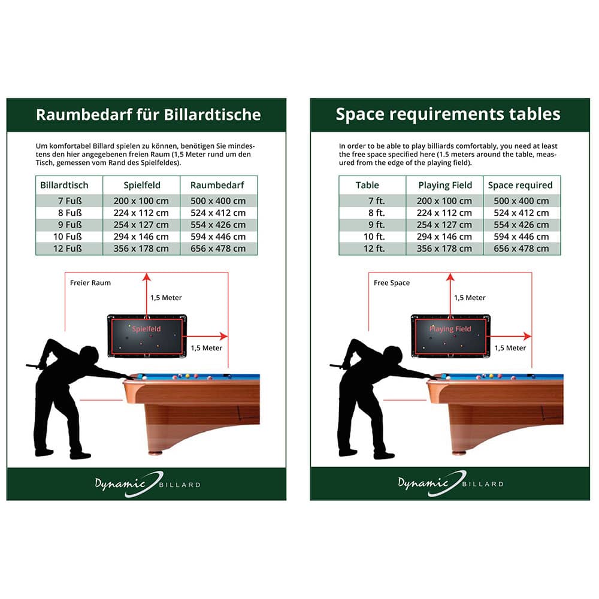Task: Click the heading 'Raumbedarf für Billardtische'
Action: [148, 114]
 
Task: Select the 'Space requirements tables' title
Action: [447, 114]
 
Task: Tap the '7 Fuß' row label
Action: [69, 201]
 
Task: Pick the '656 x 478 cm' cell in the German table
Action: [218, 249]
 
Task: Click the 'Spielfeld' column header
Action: [142, 185]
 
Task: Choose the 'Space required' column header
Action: [520, 185]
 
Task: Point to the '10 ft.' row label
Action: [374, 237]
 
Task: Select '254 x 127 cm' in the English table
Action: [444, 225]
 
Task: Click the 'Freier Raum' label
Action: [90, 283]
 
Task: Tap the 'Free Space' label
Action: [392, 283]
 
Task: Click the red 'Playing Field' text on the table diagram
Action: [450, 329]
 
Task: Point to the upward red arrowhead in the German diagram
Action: [146, 277]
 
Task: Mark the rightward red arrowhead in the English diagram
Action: [527, 336]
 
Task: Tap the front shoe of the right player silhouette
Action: [383, 455]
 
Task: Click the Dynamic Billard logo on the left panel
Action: [148, 484]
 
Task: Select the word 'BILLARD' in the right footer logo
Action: [482, 484]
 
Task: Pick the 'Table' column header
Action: [367, 185]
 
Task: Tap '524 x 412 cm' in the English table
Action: [522, 213]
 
